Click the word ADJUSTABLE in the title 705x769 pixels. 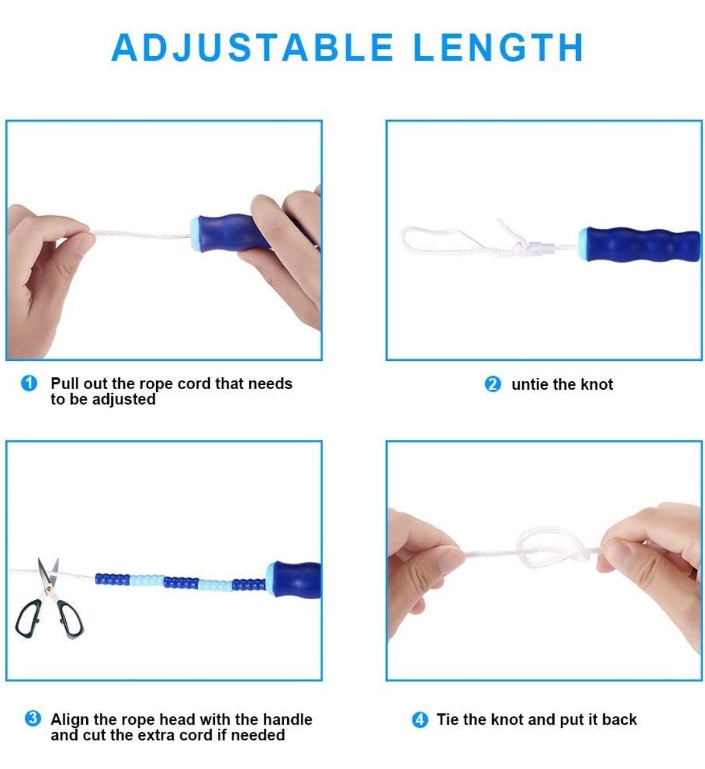point(253,48)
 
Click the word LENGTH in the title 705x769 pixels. point(498,48)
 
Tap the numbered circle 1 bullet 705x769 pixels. point(29,383)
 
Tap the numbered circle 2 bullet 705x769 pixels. point(493,384)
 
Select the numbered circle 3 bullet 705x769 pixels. point(33,719)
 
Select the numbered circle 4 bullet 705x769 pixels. point(420,720)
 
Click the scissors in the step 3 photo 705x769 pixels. point(48,601)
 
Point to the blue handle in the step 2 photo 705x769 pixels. point(640,244)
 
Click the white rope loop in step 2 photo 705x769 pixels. point(441,240)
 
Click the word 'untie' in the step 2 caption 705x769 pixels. point(530,384)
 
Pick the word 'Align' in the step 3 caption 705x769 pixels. point(70,719)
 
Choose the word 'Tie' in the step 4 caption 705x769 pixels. point(448,719)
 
